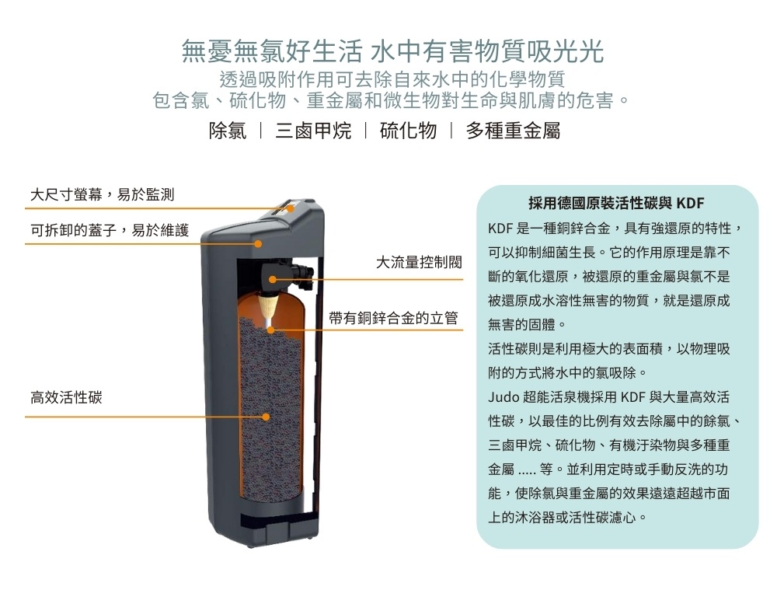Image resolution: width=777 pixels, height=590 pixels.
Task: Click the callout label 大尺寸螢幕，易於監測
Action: pyautogui.click(x=102, y=195)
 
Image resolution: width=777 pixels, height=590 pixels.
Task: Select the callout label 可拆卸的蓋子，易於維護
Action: pyautogui.click(x=110, y=230)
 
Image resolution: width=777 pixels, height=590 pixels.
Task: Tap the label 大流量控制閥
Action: pyautogui.click(x=419, y=262)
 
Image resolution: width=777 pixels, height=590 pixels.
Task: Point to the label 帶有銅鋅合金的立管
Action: pyautogui.click(x=393, y=318)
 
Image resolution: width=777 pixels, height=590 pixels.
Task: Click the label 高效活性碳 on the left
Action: pyautogui.click(x=66, y=397)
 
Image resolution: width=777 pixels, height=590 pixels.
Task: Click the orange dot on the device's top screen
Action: pyautogui.click(x=291, y=208)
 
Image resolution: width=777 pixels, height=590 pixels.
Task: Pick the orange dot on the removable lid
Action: pyautogui.click(x=258, y=244)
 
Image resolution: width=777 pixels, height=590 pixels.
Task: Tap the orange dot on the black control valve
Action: pyautogui.click(x=272, y=280)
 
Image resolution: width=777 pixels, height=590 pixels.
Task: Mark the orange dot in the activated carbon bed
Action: pyautogui.click(x=266, y=417)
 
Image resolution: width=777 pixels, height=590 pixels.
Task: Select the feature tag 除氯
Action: pyautogui.click(x=228, y=131)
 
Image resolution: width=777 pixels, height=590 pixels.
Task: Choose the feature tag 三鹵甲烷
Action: pyautogui.click(x=313, y=131)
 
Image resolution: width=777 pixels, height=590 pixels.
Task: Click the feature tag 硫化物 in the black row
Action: pyautogui.click(x=409, y=131)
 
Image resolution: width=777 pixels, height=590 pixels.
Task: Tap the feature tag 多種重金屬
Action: pyautogui.click(x=513, y=131)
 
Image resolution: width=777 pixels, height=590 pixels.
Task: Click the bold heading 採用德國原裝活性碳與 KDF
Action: pyautogui.click(x=616, y=203)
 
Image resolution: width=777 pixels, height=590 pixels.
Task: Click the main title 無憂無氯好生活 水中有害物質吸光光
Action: pyautogui.click(x=393, y=51)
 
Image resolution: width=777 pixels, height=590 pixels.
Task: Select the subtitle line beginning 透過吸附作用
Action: pyautogui.click(x=392, y=79)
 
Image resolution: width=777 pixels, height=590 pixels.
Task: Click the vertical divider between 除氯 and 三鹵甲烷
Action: pyautogui.click(x=261, y=131)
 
